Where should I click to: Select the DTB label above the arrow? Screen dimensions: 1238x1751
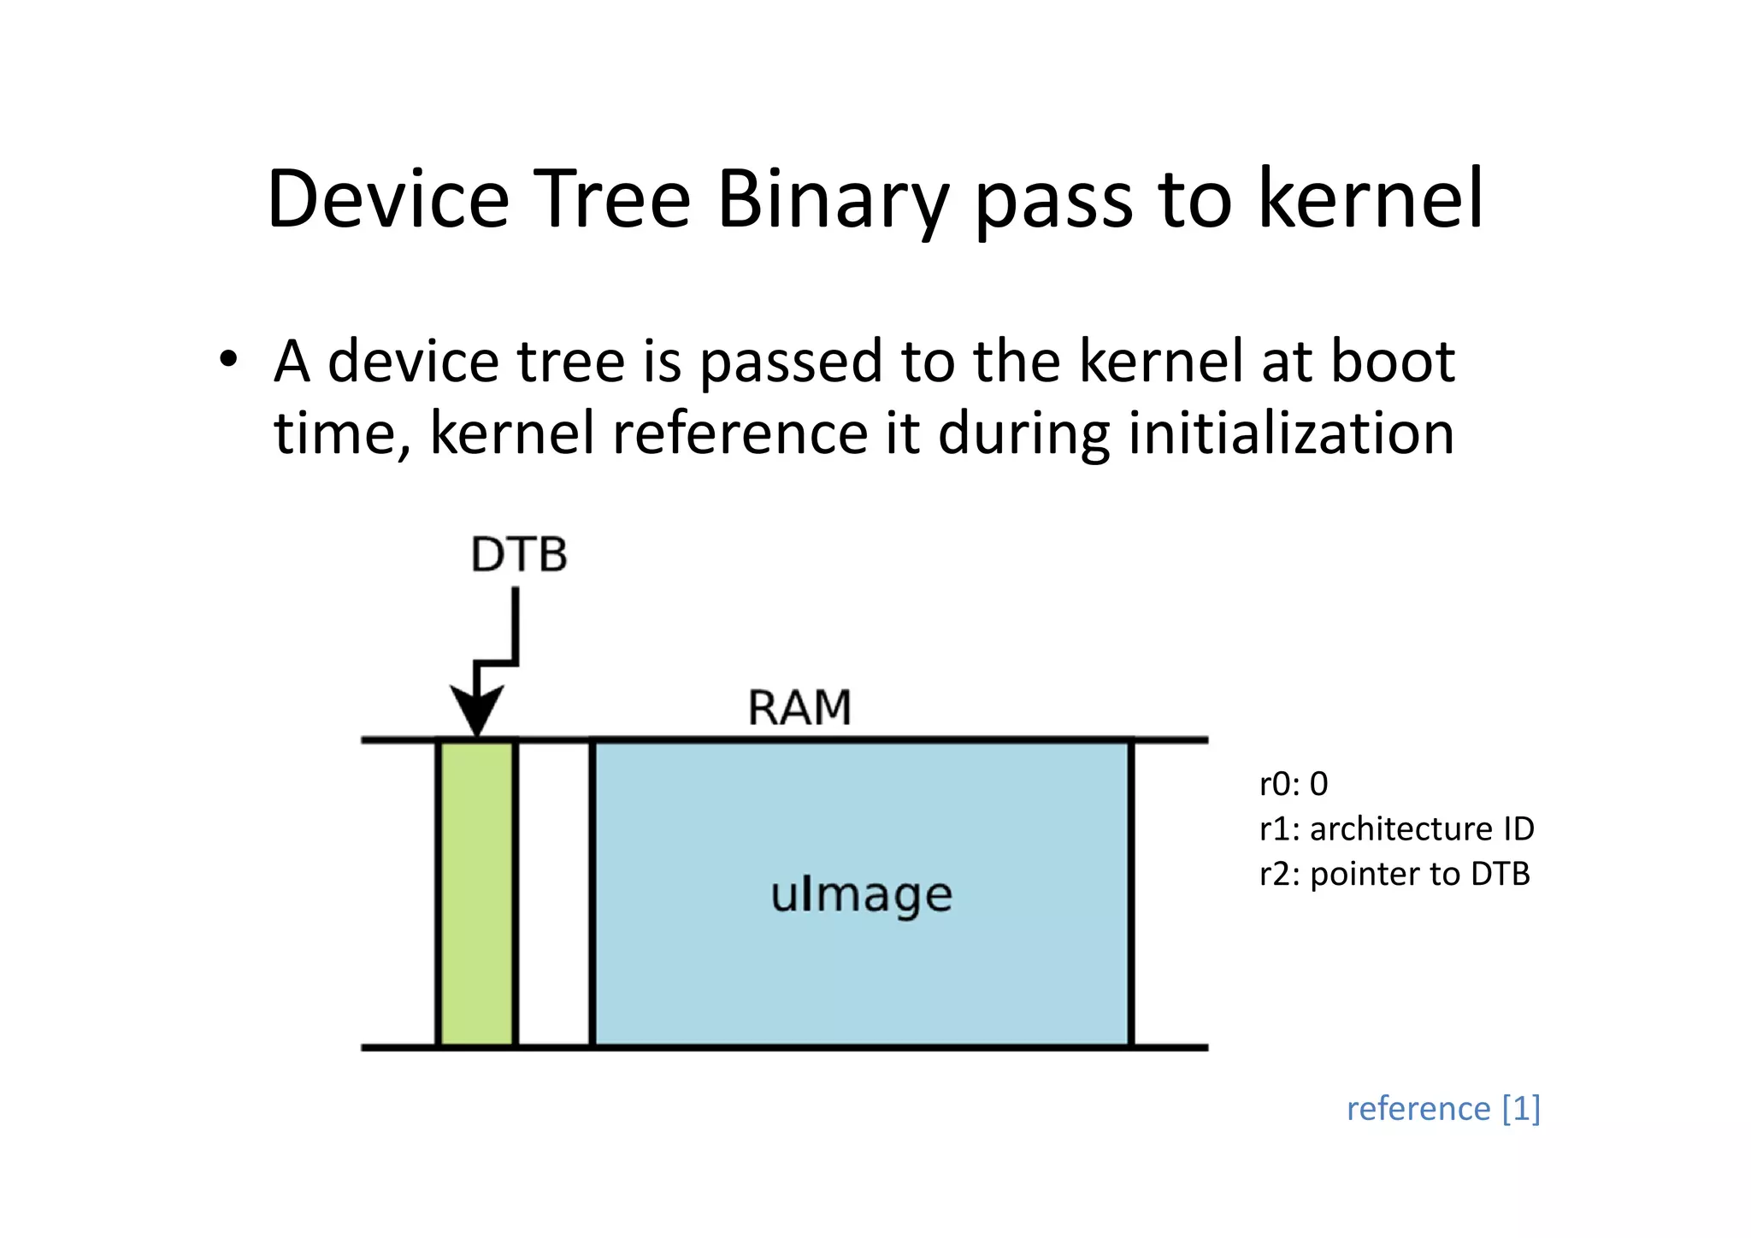click(x=519, y=555)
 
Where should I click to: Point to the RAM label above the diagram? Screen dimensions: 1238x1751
click(x=799, y=708)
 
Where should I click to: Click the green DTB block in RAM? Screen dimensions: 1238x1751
click(x=476, y=893)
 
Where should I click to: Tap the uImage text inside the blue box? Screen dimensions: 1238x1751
click(x=861, y=895)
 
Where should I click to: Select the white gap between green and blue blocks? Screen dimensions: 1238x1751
click(x=554, y=893)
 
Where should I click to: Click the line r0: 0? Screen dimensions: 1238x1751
click(x=1294, y=784)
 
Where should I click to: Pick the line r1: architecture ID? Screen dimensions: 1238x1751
click(x=1396, y=828)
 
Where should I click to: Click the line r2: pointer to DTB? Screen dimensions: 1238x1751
click(x=1394, y=874)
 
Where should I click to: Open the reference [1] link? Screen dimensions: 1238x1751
click(x=1443, y=1108)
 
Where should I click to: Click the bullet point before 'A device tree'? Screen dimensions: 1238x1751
click(x=227, y=360)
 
